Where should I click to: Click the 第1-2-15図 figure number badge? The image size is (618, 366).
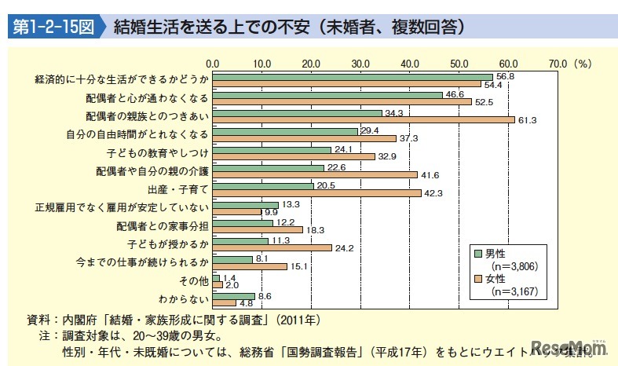coord(53,27)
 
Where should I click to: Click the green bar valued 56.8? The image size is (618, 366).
coord(352,77)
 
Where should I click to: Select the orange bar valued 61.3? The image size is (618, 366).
coord(363,119)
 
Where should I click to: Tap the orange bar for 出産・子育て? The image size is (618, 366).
coord(316,192)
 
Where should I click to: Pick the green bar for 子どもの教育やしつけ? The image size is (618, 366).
coord(271,148)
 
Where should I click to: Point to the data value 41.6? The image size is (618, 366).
coord(429,174)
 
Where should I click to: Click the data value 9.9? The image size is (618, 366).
coord(271,212)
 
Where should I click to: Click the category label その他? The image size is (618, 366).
coord(196,280)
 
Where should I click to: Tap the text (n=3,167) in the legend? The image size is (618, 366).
coord(514,292)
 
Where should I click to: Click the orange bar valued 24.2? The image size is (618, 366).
coord(272,247)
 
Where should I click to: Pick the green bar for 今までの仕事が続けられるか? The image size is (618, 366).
coord(232,258)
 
